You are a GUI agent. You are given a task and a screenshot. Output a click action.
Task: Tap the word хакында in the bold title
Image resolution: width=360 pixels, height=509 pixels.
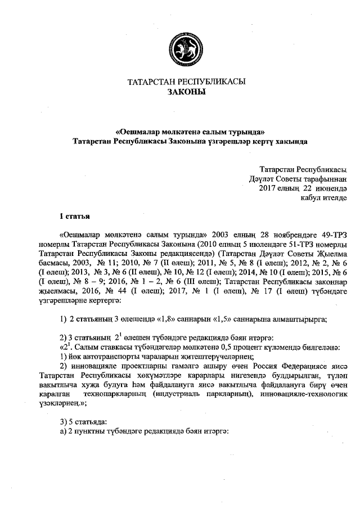pyautogui.click(x=294, y=141)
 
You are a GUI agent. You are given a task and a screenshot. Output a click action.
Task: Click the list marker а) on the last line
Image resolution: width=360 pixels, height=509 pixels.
pyautogui.click(x=63, y=430)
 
